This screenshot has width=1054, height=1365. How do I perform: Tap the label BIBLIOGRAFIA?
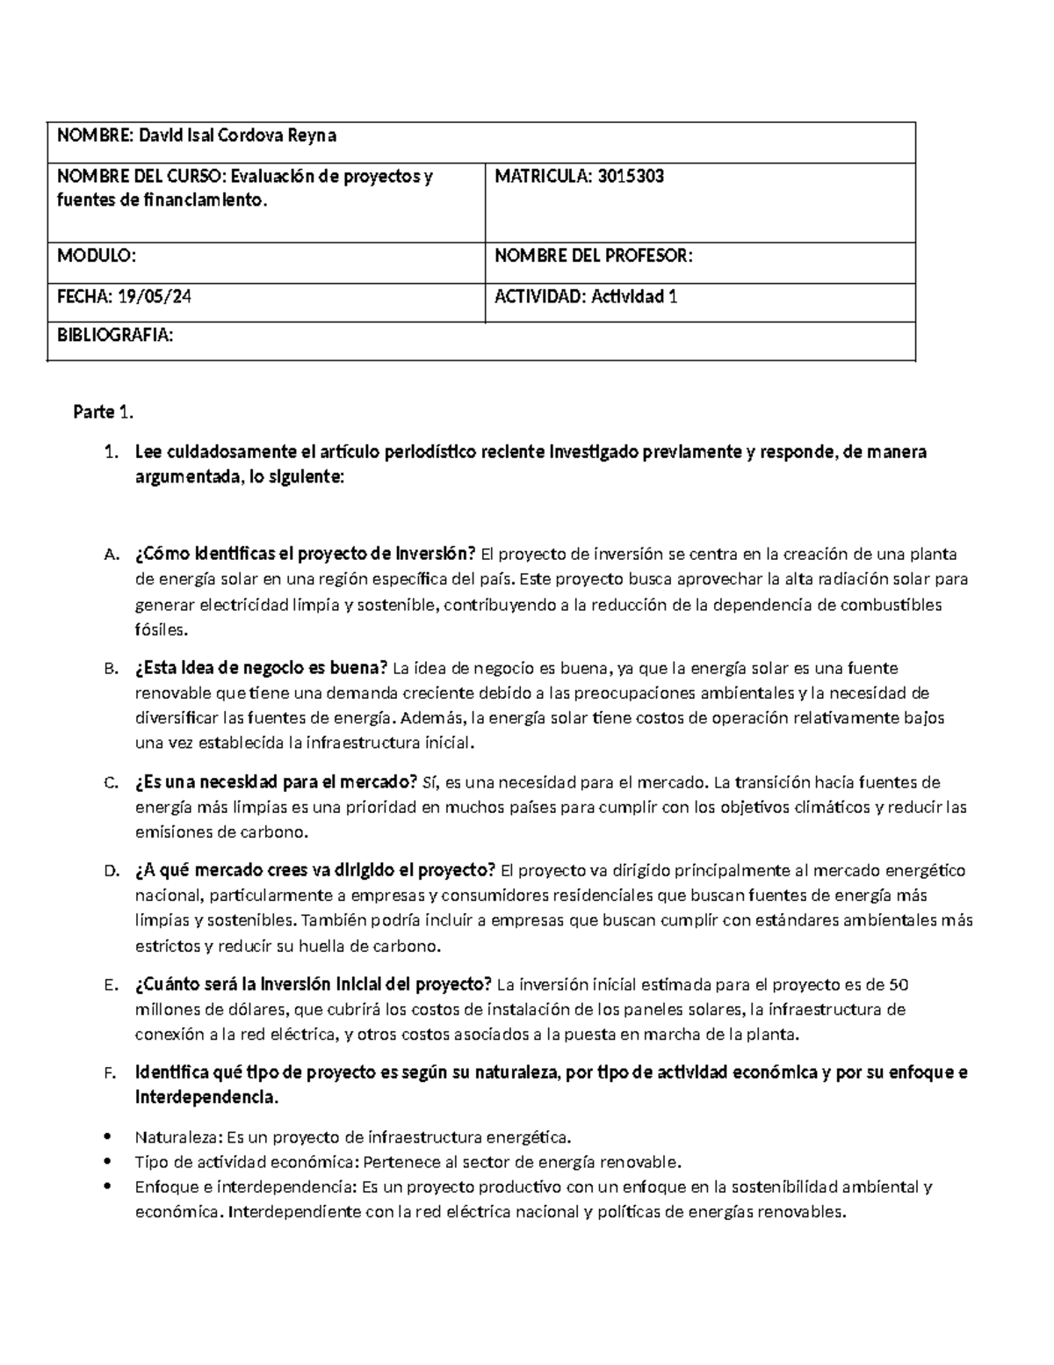115,335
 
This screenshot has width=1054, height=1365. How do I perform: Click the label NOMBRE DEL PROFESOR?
594,257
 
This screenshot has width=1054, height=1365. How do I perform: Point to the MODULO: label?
97,257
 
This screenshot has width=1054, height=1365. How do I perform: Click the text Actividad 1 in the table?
633,297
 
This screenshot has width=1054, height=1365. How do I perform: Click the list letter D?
110,872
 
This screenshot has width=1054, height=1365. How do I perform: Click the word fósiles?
161,630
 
